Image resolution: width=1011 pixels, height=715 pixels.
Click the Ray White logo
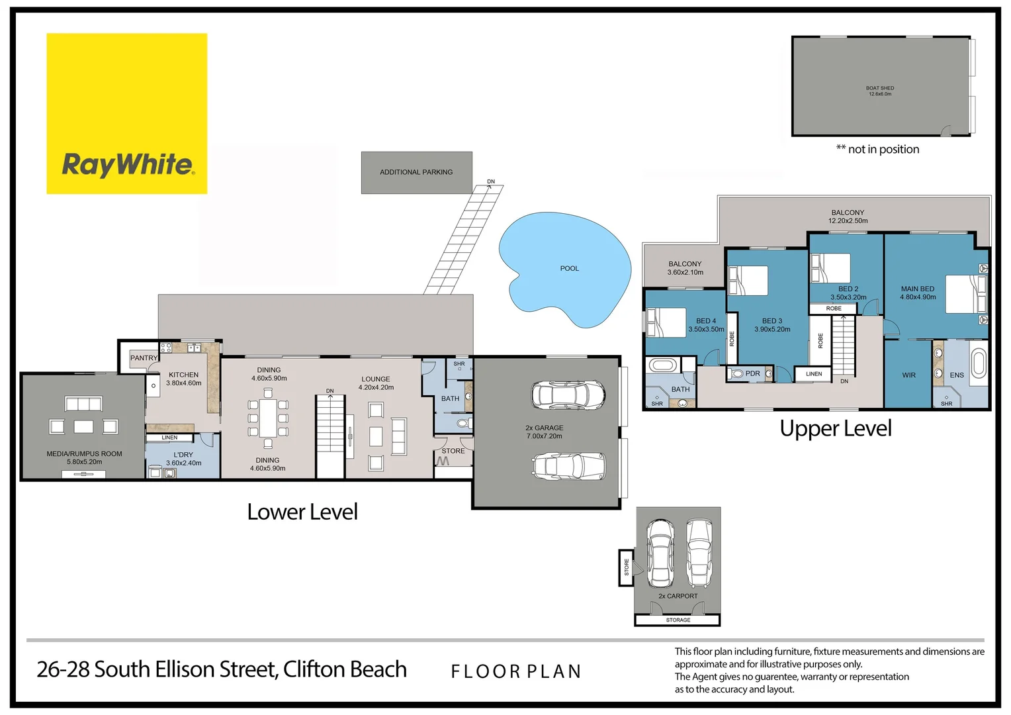tap(126, 114)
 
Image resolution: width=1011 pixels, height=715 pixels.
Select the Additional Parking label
tap(416, 172)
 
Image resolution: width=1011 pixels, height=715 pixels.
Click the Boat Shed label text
tap(879, 88)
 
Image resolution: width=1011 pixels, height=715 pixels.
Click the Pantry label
tap(144, 358)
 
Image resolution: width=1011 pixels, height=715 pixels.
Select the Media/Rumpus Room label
tap(84, 454)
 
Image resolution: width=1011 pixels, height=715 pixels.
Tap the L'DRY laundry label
tap(183, 455)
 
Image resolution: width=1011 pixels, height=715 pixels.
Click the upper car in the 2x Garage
tap(568, 395)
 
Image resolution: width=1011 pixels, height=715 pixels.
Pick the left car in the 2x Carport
tap(660, 553)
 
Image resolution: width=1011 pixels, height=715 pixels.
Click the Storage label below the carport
tap(678, 620)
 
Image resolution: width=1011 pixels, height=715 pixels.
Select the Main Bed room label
tap(917, 289)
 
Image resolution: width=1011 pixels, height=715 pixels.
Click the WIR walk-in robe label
tap(908, 375)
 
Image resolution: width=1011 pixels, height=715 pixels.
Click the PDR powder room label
tap(752, 373)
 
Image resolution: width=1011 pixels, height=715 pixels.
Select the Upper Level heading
tap(835, 428)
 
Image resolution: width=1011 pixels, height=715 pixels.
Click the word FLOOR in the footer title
tap(486, 671)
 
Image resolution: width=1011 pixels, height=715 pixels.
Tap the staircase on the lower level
tap(330, 434)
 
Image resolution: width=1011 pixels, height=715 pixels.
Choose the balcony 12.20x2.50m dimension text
tap(848, 221)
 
